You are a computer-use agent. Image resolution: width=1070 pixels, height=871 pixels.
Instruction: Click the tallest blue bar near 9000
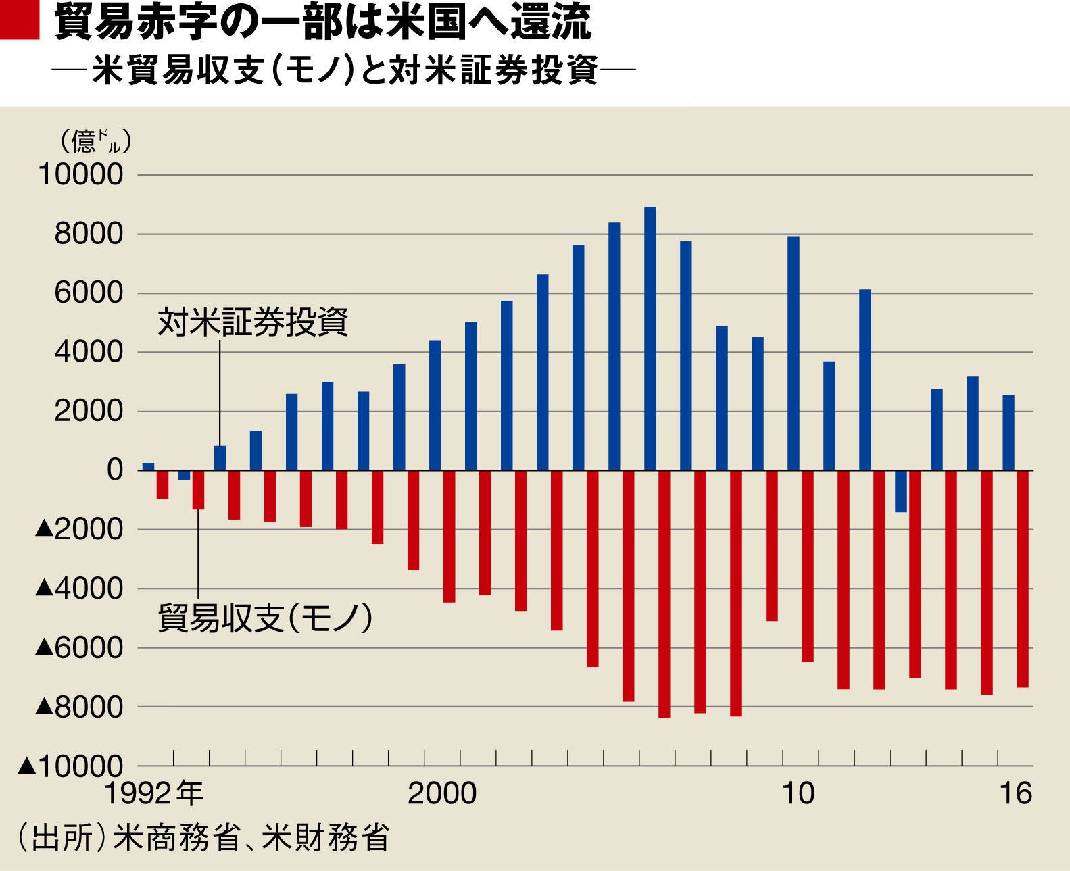pyautogui.click(x=650, y=338)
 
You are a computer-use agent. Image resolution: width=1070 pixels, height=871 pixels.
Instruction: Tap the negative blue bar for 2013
pyautogui.click(x=900, y=491)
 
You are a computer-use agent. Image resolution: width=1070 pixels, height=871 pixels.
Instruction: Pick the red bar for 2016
pyautogui.click(x=1022, y=578)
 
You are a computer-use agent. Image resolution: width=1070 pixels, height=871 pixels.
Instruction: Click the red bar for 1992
pyautogui.click(x=162, y=484)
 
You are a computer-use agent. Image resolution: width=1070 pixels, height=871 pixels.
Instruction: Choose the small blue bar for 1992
pyautogui.click(x=148, y=466)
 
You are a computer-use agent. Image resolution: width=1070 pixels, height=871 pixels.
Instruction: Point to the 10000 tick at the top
pyautogui.click(x=81, y=175)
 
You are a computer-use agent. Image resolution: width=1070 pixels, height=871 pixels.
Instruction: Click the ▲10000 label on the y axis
pyautogui.click(x=71, y=767)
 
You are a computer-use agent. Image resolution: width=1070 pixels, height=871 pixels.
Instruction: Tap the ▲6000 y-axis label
pyautogui.click(x=79, y=648)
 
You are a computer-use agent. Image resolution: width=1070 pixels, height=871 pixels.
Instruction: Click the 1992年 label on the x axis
pyautogui.click(x=153, y=793)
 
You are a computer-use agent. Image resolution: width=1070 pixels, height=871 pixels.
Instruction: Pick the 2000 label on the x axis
pyautogui.click(x=442, y=793)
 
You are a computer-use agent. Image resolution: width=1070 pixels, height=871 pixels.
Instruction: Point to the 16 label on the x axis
pyautogui.click(x=1016, y=793)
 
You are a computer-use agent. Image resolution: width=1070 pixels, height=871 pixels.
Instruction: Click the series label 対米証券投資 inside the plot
pyautogui.click(x=253, y=322)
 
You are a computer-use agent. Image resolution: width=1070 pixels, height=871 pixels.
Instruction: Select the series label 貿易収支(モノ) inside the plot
pyautogui.click(x=265, y=618)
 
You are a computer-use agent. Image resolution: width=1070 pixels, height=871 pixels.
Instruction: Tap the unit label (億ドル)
pyautogui.click(x=95, y=141)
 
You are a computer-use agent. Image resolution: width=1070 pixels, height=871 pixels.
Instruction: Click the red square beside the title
pyautogui.click(x=20, y=20)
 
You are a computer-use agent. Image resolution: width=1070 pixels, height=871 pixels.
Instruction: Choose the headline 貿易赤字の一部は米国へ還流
pyautogui.click(x=322, y=22)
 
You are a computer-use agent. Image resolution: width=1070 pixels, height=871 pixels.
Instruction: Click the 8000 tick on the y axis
pyautogui.click(x=89, y=234)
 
